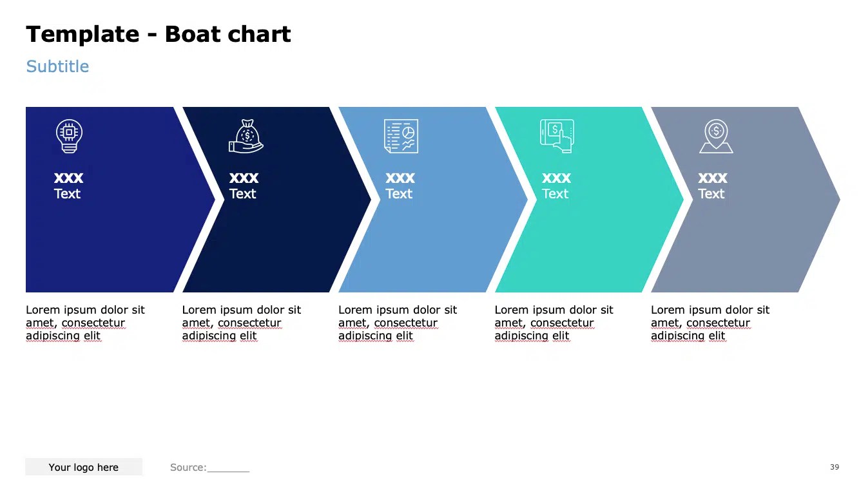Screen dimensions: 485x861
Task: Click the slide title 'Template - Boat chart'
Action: (159, 34)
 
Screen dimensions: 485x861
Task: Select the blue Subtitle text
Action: (57, 66)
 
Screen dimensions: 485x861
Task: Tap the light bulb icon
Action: (69, 137)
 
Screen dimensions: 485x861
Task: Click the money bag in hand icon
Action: (246, 137)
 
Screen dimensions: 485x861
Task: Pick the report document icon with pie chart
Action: (401, 137)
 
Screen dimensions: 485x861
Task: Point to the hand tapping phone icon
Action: (557, 137)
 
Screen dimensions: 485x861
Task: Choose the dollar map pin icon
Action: (716, 137)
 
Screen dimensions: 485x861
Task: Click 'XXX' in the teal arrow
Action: (556, 178)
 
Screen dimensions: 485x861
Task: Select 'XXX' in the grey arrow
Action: (713, 178)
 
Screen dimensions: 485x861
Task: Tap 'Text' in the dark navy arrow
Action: (243, 194)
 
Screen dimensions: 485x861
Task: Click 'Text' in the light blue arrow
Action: (399, 194)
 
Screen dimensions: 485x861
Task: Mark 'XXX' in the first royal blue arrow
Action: (69, 178)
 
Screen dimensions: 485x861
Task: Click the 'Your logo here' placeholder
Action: (84, 468)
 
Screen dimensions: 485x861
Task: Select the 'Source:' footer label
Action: (188, 468)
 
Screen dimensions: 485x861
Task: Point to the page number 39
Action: (835, 467)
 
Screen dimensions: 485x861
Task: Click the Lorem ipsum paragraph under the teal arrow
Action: (554, 323)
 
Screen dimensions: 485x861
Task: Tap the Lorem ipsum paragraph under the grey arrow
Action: (710, 323)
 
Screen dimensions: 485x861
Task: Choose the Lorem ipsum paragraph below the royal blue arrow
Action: (85, 323)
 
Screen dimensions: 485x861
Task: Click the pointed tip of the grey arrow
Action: (837, 200)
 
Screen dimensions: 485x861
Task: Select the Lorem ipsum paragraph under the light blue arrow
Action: (398, 323)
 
